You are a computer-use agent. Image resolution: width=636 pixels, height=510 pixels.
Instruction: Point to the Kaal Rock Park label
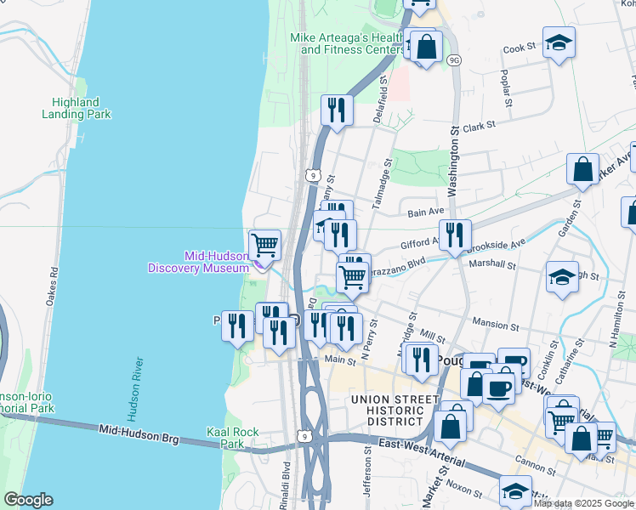pyautogui.click(x=232, y=438)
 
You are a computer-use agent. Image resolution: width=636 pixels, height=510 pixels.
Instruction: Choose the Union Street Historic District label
pyautogui.click(x=389, y=410)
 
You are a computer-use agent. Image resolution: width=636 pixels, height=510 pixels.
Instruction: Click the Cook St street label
pyautogui.click(x=520, y=48)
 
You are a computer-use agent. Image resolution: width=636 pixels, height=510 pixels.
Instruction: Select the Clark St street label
pyautogui.click(x=479, y=127)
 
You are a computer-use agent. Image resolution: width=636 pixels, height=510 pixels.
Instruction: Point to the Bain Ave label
pyautogui.click(x=426, y=212)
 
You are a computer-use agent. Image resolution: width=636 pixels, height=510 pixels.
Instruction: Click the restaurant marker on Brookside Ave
pyautogui.click(x=455, y=235)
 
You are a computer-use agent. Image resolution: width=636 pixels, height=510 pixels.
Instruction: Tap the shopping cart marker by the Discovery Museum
pyautogui.click(x=265, y=245)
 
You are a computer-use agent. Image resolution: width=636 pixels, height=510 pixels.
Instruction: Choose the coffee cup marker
pyautogui.click(x=498, y=388)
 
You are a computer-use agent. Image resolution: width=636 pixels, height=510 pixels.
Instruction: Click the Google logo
pyautogui.click(x=27, y=501)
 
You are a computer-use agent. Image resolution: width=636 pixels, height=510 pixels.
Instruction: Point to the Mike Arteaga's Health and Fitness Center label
pyautogui.click(x=349, y=43)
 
